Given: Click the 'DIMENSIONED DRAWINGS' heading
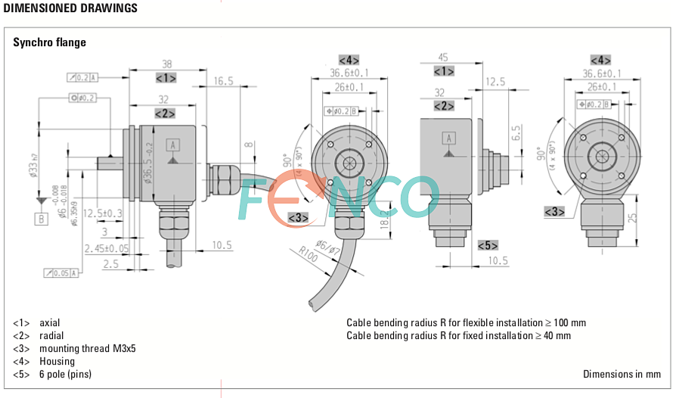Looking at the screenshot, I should [x=70, y=8].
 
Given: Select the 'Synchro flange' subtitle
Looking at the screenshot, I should [x=49, y=42].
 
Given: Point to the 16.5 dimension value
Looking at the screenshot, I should [x=223, y=81].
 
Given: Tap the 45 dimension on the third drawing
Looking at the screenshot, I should [x=444, y=57].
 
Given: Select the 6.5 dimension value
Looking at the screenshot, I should [x=516, y=133].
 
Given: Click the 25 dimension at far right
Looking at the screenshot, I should [x=633, y=218].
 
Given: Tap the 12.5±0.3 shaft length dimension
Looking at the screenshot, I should [x=103, y=213].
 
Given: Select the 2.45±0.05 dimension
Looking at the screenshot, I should [x=107, y=248].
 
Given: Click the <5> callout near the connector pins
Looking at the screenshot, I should [x=488, y=245].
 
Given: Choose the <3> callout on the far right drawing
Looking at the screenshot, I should [x=555, y=211].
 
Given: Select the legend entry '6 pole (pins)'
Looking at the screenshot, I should [x=65, y=375].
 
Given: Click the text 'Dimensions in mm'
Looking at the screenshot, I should [x=622, y=375].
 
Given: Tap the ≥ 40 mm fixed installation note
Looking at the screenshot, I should [x=458, y=335].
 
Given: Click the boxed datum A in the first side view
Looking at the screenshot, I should [x=172, y=145].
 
